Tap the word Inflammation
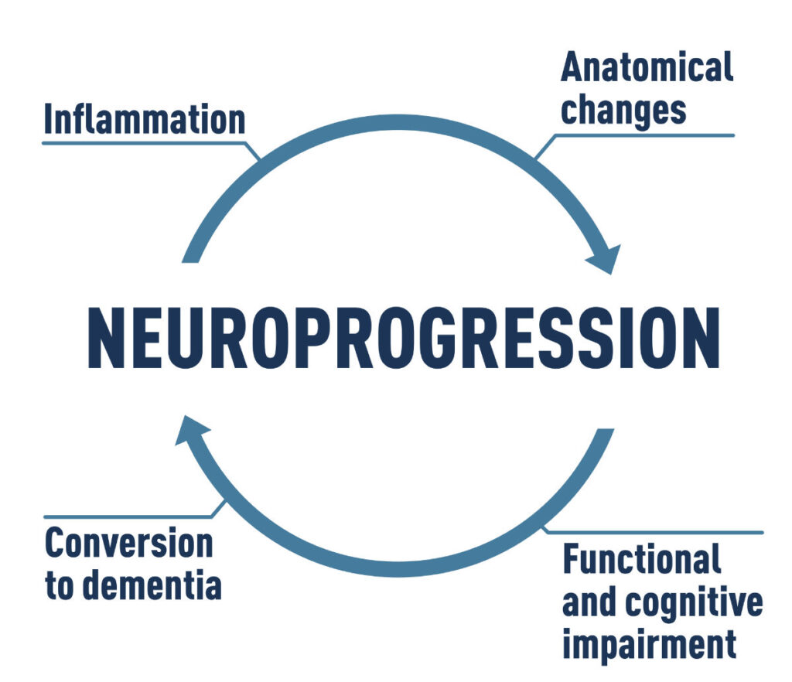[x=145, y=120]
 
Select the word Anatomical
[x=647, y=68]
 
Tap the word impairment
[x=646, y=643]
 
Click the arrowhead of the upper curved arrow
[x=606, y=258]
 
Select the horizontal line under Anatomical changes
[x=650, y=135]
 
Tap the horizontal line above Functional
[x=657, y=532]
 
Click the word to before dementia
[x=59, y=585]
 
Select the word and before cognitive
[x=589, y=602]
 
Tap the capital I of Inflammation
[x=49, y=120]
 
